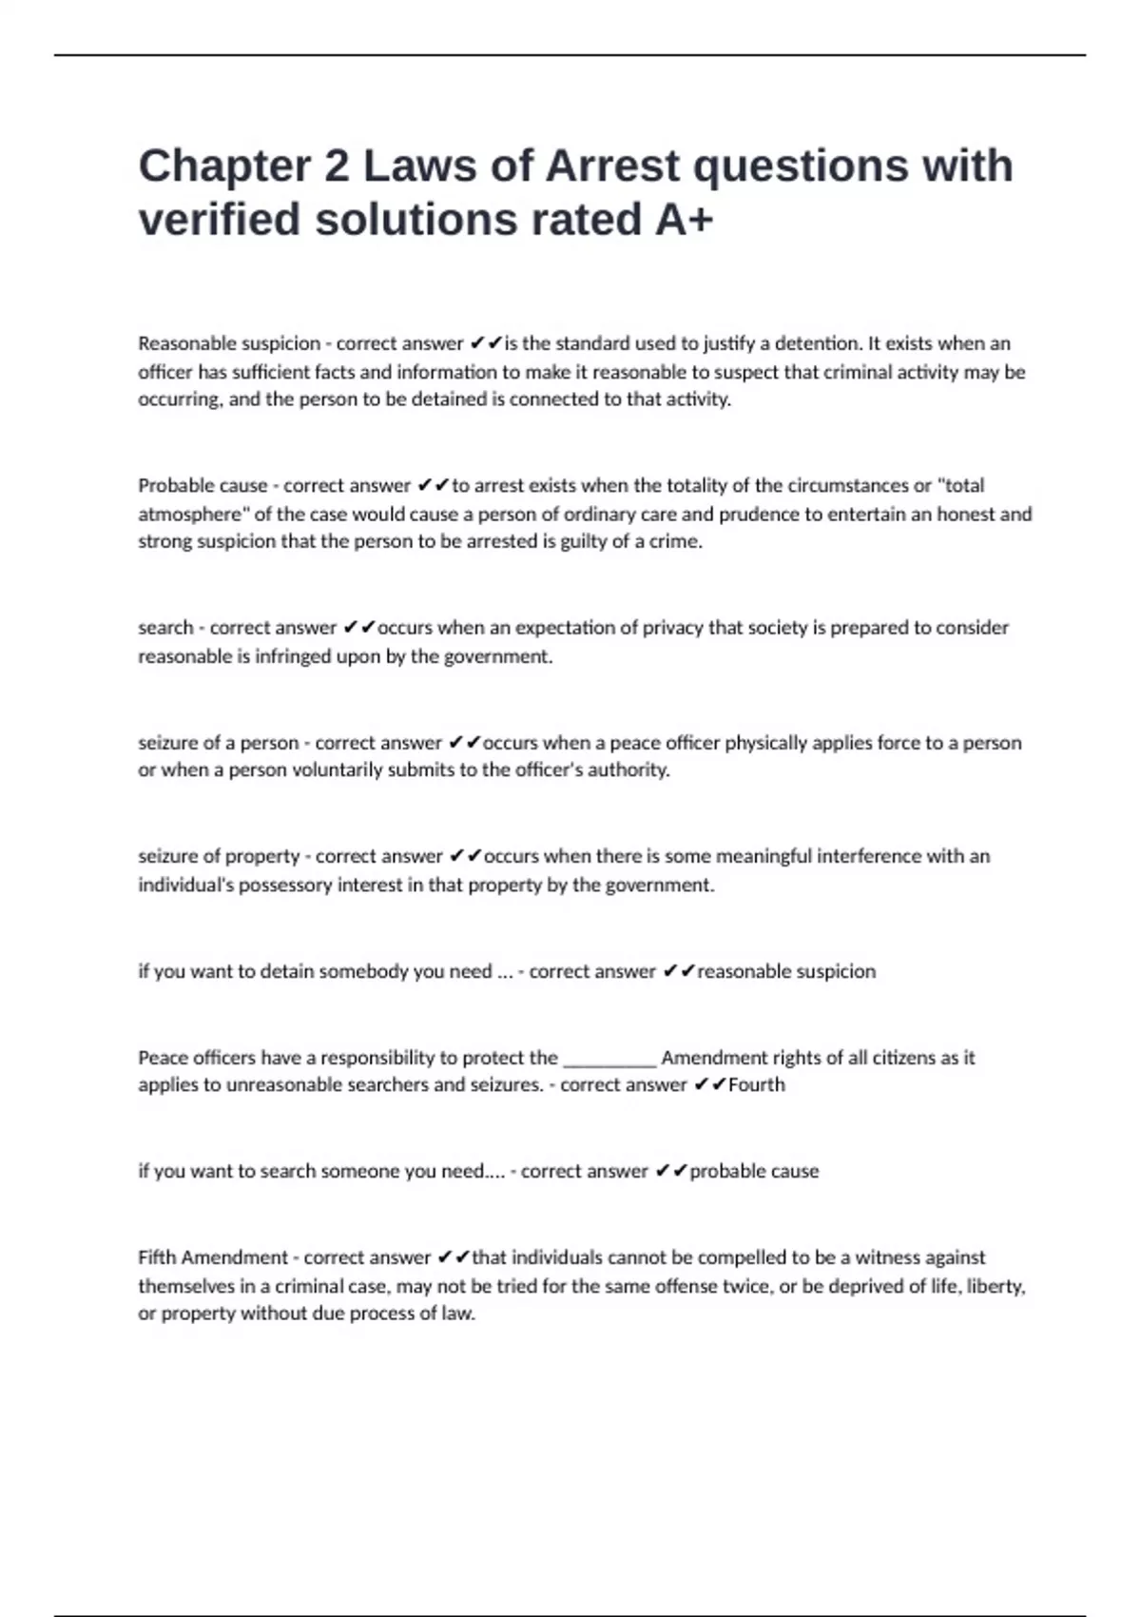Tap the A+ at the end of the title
684,220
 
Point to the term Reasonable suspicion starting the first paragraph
229,343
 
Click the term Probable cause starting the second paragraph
203,486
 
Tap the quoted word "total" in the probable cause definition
960,486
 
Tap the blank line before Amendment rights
609,1058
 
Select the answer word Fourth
757,1085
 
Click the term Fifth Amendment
213,1257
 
